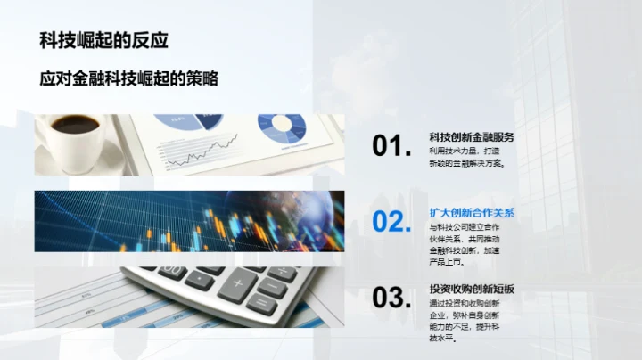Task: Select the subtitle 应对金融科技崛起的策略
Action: [129, 78]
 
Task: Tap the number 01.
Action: [391, 147]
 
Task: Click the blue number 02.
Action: [391, 222]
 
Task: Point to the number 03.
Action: [391, 298]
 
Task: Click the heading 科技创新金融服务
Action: [472, 137]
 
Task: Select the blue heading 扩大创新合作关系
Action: [472, 213]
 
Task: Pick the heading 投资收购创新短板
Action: [472, 289]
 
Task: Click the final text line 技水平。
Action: [443, 339]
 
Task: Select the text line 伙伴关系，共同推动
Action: [465, 239]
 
